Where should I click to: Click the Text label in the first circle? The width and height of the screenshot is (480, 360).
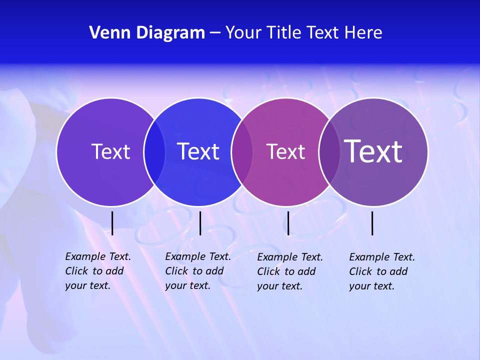(110, 151)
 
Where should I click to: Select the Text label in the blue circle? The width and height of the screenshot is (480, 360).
(198, 151)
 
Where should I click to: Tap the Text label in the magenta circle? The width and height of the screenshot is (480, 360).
(285, 151)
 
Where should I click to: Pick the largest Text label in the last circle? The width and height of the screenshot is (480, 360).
(373, 151)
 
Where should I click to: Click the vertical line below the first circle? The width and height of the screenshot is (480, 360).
(112, 223)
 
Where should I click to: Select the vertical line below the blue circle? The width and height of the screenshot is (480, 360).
(200, 223)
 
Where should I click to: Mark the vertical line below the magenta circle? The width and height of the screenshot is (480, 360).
(288, 223)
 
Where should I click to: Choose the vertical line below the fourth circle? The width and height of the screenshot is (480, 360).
(372, 223)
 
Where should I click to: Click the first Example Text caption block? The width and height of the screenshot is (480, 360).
(97, 271)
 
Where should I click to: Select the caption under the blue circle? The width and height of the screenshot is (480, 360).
(197, 271)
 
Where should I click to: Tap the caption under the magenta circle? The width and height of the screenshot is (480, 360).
(289, 271)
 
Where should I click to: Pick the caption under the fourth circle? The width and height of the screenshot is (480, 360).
(381, 271)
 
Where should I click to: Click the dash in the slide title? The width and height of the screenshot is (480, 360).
(215, 33)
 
